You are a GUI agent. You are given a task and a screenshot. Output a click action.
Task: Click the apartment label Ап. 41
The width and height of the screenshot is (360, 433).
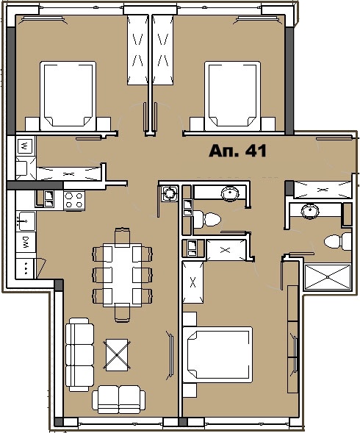(x=237, y=151)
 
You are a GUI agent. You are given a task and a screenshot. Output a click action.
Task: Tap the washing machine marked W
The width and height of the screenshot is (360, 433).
(x=24, y=146)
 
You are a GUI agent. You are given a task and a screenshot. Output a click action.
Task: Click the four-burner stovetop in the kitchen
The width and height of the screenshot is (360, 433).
(x=74, y=200)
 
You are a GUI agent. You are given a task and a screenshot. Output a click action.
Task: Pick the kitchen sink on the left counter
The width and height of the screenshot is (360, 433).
(x=24, y=218)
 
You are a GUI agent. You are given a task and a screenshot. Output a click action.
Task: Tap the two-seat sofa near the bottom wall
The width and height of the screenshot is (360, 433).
(x=118, y=399)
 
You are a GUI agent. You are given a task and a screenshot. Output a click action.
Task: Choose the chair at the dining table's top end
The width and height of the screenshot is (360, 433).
(x=122, y=236)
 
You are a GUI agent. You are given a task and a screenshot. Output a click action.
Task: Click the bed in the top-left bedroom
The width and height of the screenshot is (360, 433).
(x=68, y=94)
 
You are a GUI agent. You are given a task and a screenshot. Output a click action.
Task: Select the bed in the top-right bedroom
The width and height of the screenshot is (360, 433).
(x=233, y=94)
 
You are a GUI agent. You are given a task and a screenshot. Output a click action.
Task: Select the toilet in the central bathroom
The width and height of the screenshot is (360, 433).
(x=210, y=218)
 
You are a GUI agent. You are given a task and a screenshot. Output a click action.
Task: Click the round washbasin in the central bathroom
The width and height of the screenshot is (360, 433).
(x=231, y=194)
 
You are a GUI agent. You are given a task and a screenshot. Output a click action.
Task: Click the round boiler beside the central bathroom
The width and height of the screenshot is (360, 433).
(x=170, y=193)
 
